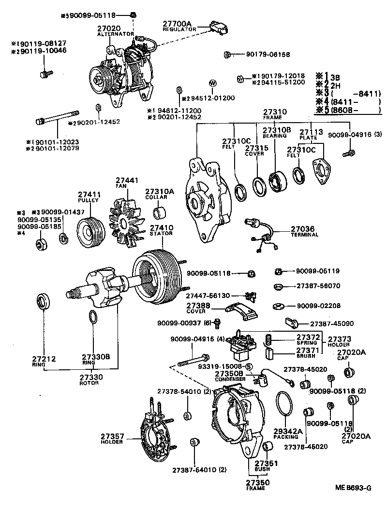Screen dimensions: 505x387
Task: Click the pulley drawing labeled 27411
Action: (x=90, y=233)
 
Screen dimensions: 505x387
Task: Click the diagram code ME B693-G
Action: (x=353, y=488)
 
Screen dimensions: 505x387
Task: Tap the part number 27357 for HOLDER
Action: (x=112, y=436)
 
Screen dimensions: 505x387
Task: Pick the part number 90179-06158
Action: (x=266, y=55)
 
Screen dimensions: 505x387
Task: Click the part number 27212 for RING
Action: (x=45, y=359)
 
